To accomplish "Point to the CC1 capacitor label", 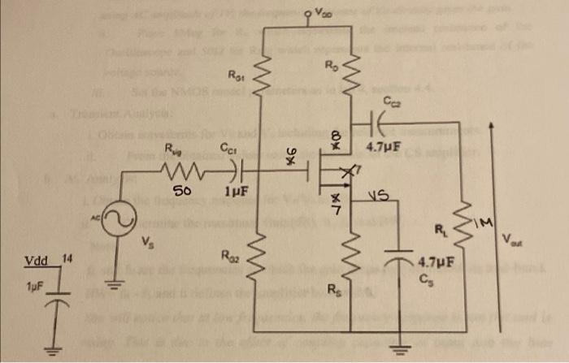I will (x=228, y=149).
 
